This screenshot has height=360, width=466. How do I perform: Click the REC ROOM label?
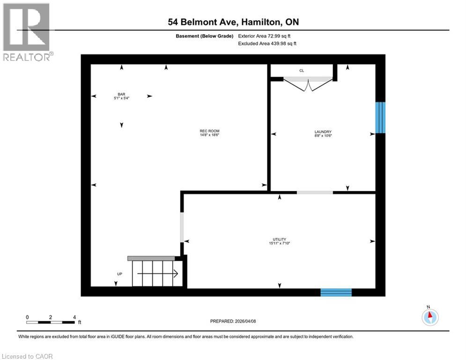[x=209, y=131]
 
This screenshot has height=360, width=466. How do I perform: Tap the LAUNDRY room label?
[x=323, y=132]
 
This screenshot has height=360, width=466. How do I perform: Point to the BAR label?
[x=121, y=94]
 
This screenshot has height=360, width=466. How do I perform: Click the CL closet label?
[x=302, y=71]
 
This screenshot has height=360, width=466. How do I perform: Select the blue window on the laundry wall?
[x=380, y=117]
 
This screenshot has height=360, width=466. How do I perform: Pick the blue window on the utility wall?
[x=336, y=292]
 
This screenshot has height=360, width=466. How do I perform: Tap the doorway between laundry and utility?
[x=315, y=192]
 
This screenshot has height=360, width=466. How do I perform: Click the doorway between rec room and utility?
[x=182, y=227]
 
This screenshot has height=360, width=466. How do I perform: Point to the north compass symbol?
[x=429, y=317]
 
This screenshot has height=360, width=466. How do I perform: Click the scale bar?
[x=51, y=322]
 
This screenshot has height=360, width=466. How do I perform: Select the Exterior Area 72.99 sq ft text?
[x=267, y=36]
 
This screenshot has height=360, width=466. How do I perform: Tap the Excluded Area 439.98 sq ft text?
[x=267, y=44]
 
